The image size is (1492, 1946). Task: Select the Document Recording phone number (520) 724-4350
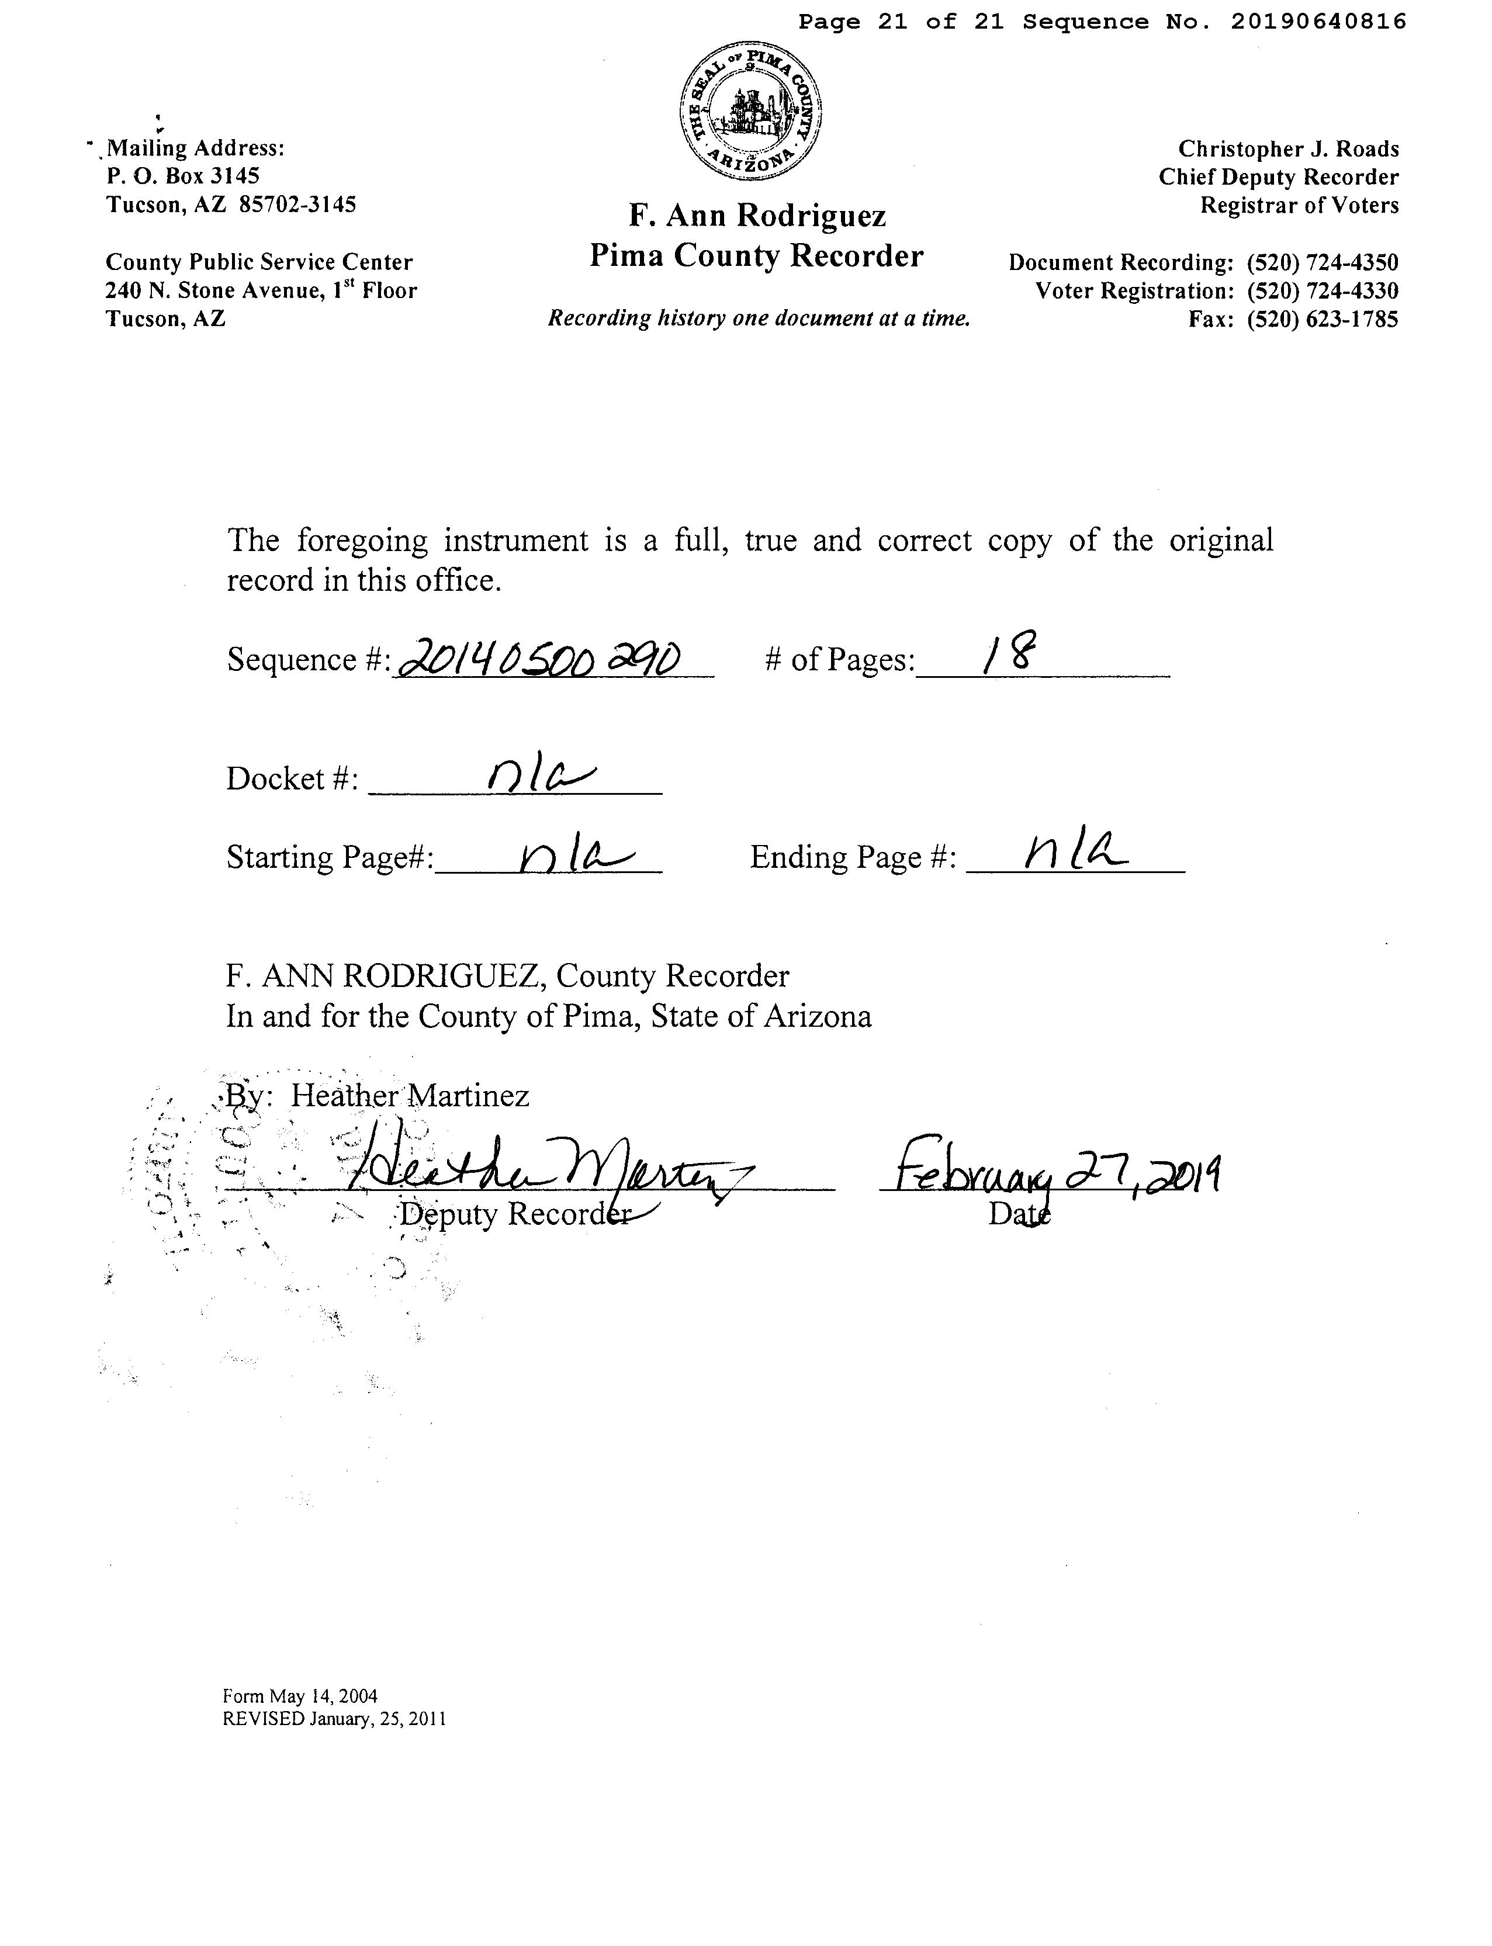[x=1323, y=263]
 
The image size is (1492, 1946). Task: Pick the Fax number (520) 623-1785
[x=1323, y=320]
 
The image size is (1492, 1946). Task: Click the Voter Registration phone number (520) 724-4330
[x=1323, y=292]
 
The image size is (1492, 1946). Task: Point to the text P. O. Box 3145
[x=183, y=176]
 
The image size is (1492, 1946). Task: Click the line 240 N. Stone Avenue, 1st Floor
[x=261, y=290]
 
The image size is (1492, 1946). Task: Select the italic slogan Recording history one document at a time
[x=759, y=319]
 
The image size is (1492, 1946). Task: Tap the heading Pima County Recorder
[x=757, y=257]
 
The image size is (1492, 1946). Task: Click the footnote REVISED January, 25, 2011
[x=334, y=1719]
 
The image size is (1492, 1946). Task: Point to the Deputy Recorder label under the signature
[x=515, y=1214]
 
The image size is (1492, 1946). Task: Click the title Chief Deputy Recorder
[x=1278, y=178]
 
